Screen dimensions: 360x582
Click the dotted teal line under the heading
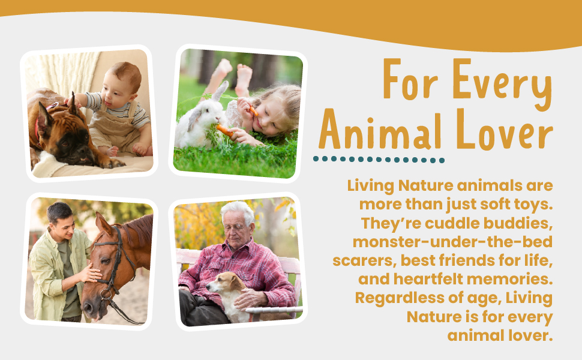[379, 160]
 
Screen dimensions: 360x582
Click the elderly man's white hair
[238, 210]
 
